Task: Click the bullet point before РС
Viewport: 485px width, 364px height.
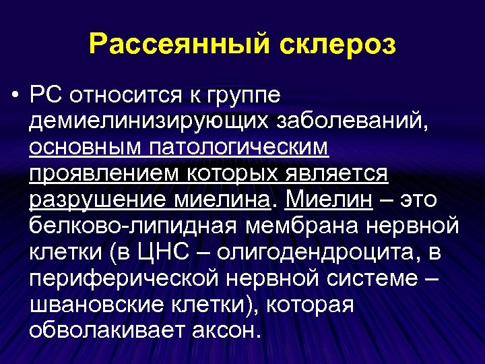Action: click(x=14, y=95)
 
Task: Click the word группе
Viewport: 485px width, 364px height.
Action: click(x=241, y=95)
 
